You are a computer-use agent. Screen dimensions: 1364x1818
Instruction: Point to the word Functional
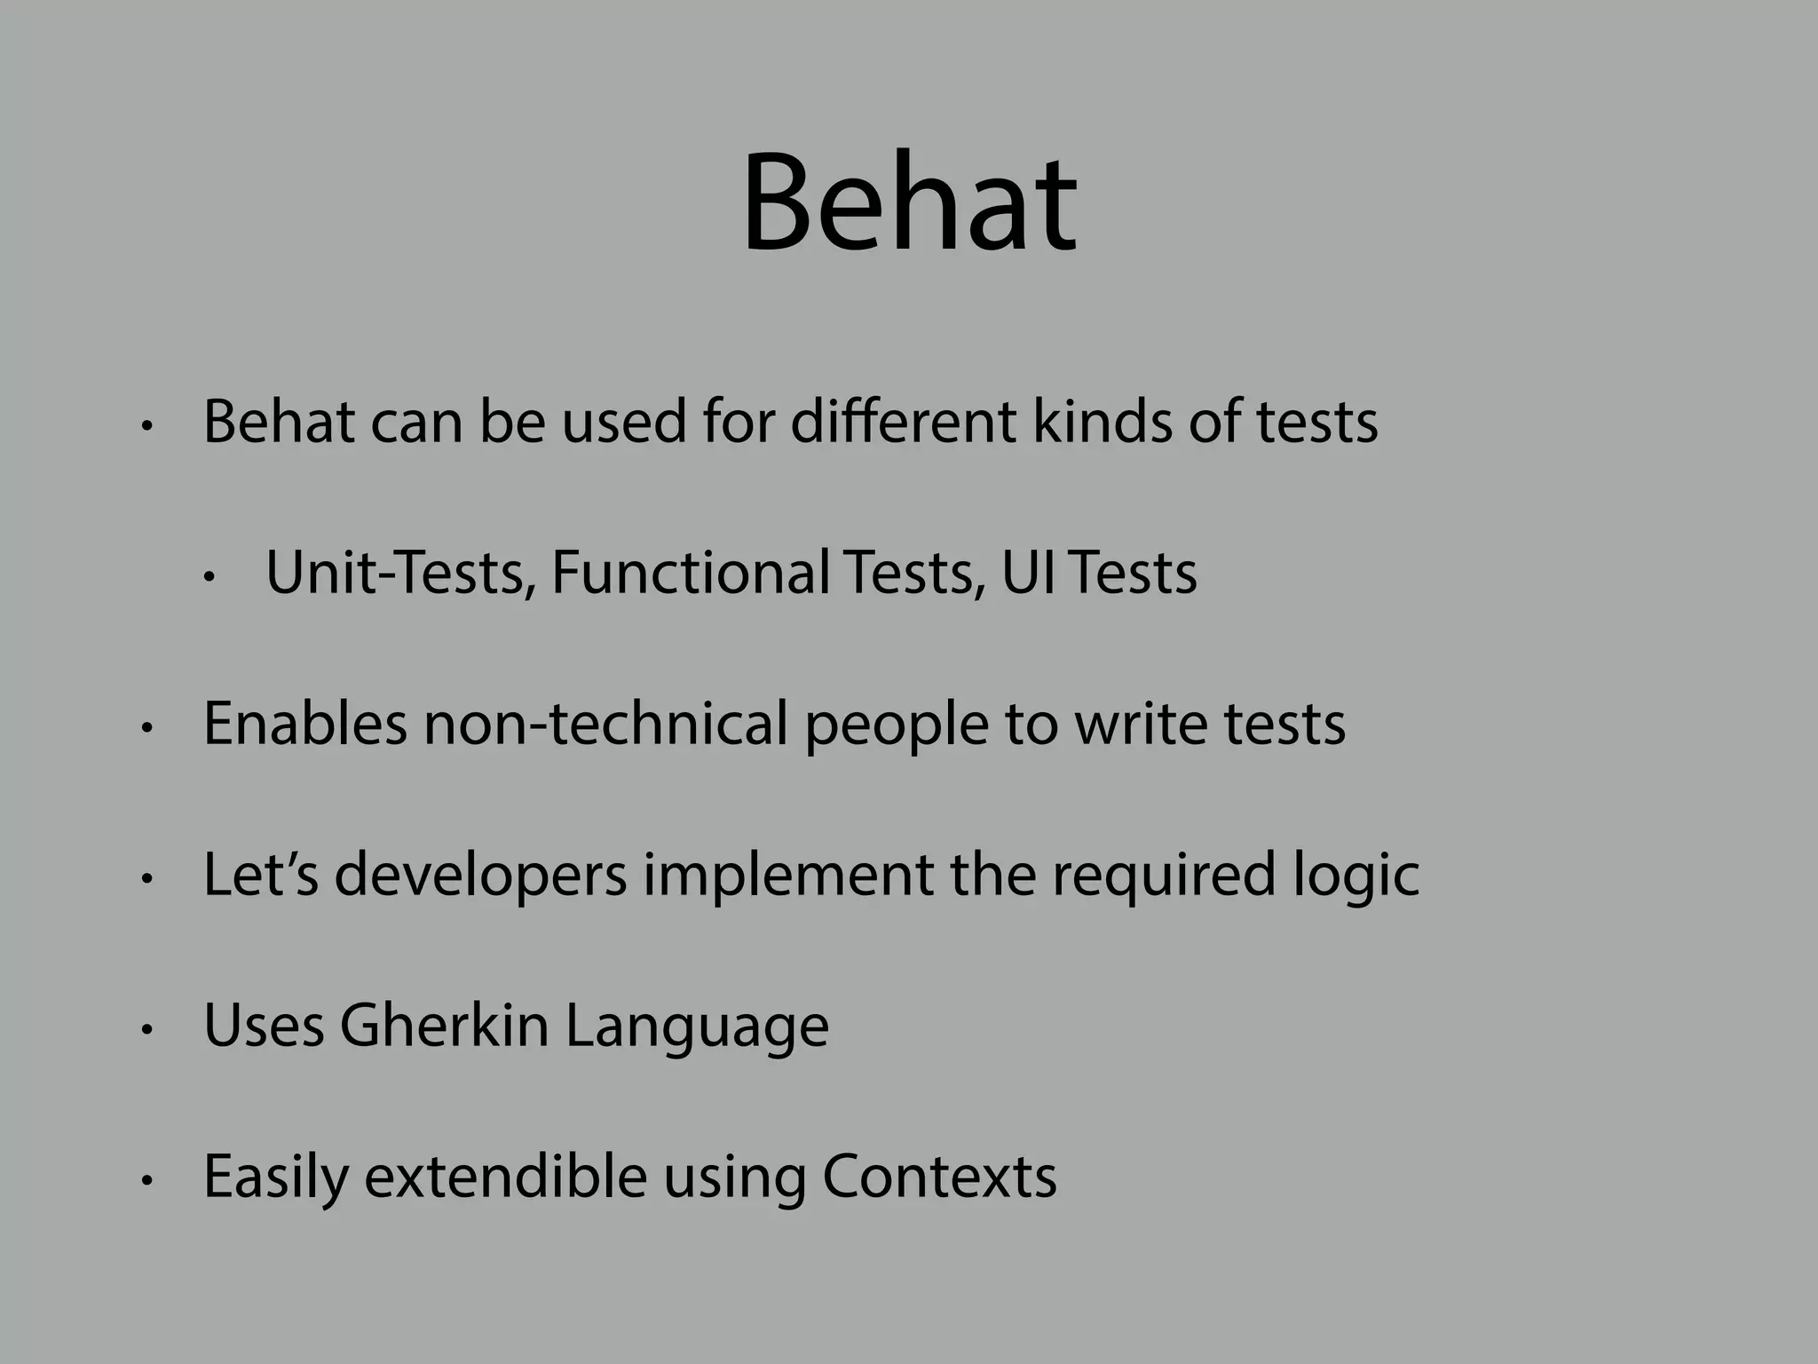pyautogui.click(x=691, y=573)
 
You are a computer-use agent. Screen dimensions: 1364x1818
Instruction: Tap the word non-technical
pyautogui.click(x=605, y=724)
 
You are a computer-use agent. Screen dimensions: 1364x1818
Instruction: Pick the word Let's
pyautogui.click(x=260, y=875)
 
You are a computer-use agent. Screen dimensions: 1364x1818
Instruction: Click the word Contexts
pyautogui.click(x=939, y=1177)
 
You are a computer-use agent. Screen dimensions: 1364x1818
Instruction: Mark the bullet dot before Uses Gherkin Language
pyautogui.click(x=147, y=1030)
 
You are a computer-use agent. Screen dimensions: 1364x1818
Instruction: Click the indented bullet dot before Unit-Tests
pyautogui.click(x=209, y=578)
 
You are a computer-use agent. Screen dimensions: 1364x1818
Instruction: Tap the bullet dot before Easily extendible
pyautogui.click(x=147, y=1181)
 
